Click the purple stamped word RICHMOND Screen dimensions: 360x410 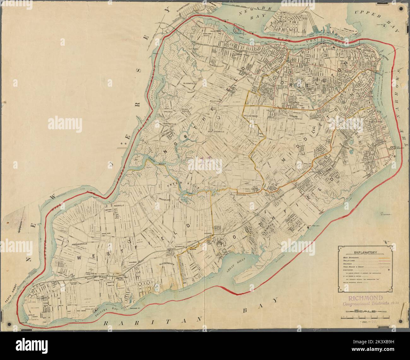[366, 298]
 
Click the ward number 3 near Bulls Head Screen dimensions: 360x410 [218, 118]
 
